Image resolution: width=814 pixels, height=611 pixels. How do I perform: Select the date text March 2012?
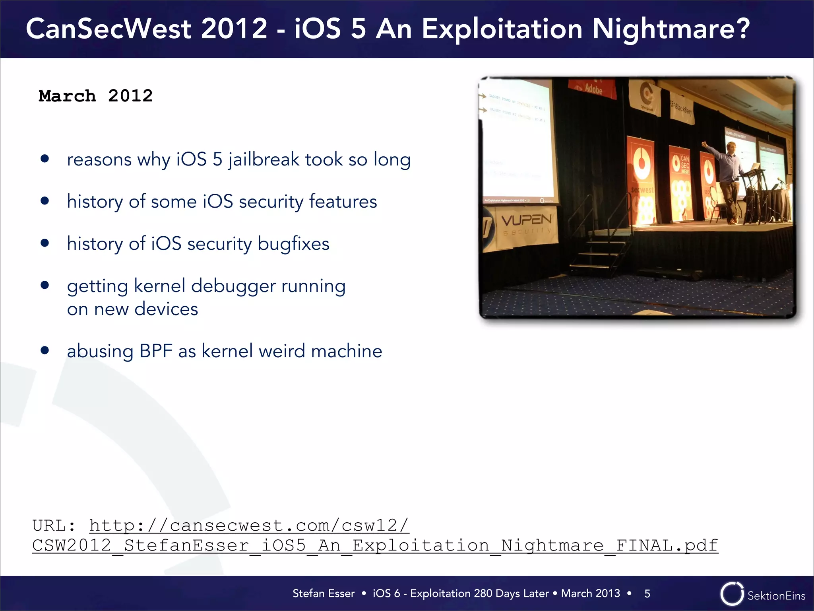coord(95,96)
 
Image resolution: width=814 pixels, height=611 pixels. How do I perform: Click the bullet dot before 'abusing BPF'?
coord(45,350)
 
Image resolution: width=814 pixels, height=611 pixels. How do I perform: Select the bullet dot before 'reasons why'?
coord(45,159)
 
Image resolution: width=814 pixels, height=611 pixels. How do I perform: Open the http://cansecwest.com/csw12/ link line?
coord(249,525)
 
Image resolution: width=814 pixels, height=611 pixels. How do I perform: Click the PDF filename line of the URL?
coord(375,545)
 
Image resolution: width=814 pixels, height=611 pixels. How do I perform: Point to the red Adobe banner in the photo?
coord(592,89)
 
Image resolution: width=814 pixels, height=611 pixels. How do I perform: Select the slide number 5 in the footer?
coord(647,593)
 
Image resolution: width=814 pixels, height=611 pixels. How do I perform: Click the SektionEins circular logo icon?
coord(731,594)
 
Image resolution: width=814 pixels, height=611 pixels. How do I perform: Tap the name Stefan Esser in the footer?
coord(323,593)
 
